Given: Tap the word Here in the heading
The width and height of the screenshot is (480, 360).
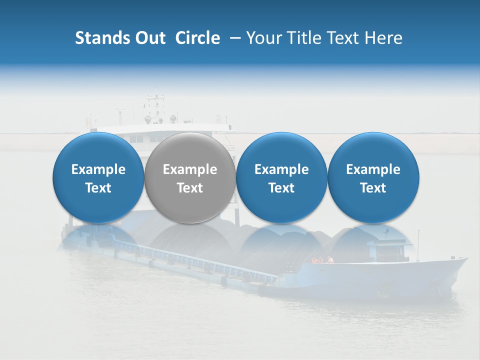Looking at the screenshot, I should [x=383, y=38].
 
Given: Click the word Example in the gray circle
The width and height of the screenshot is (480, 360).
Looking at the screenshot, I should [x=190, y=169].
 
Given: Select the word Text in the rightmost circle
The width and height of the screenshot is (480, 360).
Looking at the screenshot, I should [x=373, y=188].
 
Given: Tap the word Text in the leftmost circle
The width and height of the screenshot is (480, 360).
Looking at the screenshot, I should [x=98, y=188].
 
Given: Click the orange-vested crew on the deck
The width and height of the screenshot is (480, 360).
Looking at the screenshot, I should [x=322, y=260].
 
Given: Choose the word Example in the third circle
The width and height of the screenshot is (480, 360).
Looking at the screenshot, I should [x=281, y=169].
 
